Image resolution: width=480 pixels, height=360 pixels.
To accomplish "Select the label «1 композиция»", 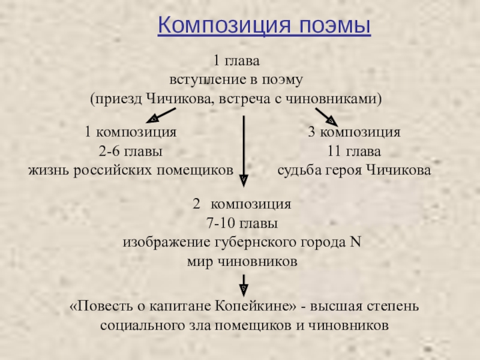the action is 130,132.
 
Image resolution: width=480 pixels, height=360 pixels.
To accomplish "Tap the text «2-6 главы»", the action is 131,151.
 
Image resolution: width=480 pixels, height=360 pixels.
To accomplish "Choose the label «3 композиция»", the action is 354,132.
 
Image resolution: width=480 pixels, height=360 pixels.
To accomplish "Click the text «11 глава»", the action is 354,151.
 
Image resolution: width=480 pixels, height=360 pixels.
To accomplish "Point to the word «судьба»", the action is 299,170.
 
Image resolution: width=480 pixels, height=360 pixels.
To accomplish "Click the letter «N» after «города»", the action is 354,243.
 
